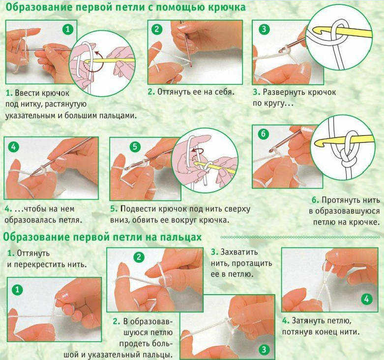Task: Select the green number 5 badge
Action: (x=135, y=146)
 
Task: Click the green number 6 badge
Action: (x=263, y=134)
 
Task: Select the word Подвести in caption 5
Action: (x=138, y=209)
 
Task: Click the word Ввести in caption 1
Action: (x=26, y=93)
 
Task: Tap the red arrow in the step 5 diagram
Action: (x=197, y=153)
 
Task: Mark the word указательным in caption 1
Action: (x=30, y=116)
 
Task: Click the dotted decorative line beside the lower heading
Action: (x=301, y=237)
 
